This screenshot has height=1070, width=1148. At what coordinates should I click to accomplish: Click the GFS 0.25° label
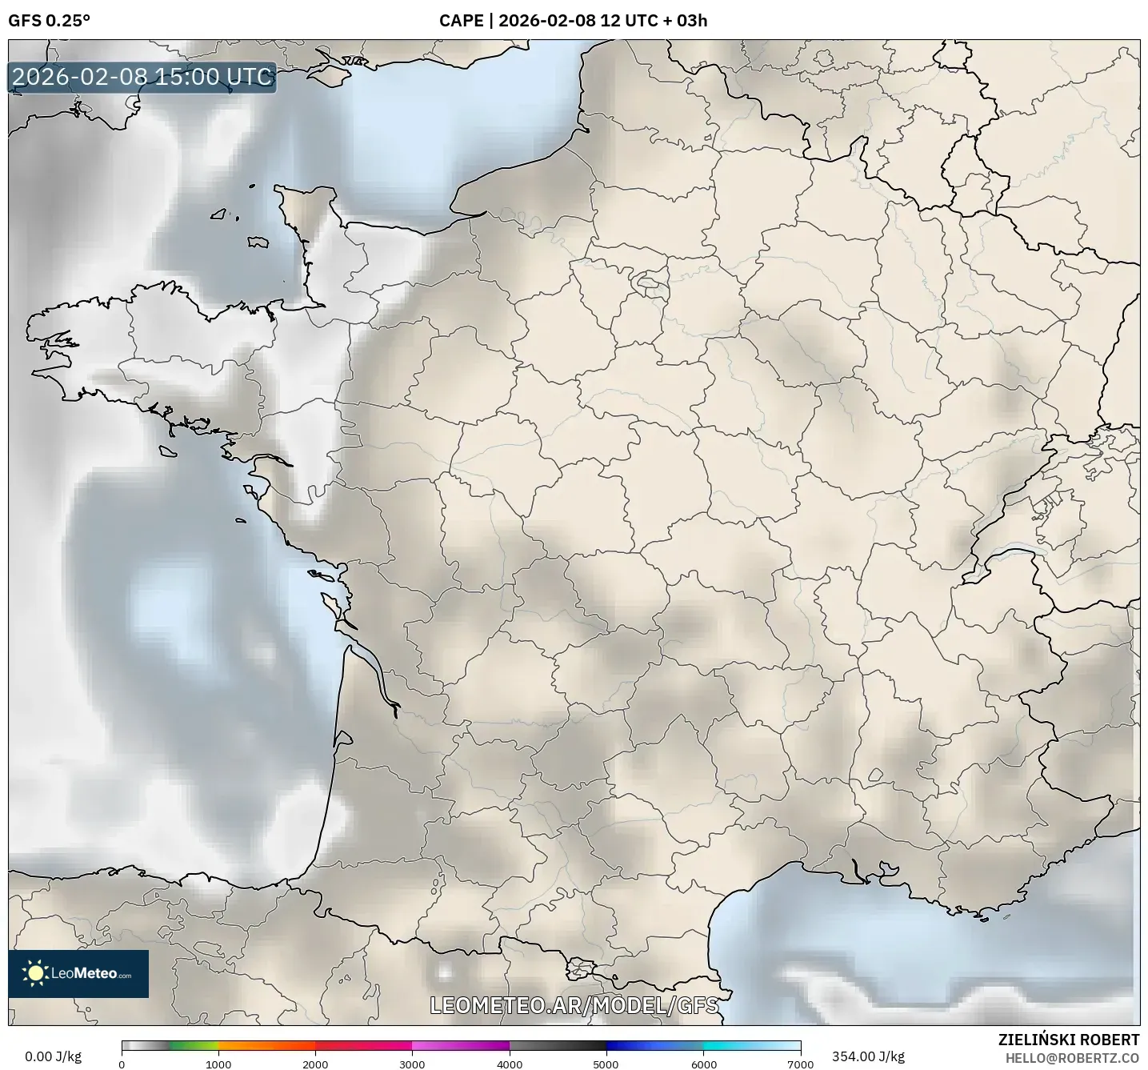pos(49,21)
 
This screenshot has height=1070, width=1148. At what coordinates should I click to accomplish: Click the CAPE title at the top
pos(573,21)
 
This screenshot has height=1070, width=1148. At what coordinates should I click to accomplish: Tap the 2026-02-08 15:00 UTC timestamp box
pos(142,77)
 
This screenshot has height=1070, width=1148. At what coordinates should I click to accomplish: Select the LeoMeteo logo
pos(78,973)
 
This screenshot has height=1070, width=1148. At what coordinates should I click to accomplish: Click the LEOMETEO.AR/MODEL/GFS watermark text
pos(574,1005)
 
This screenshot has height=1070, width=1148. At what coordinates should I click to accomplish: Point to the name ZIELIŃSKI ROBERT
pos(1069,1040)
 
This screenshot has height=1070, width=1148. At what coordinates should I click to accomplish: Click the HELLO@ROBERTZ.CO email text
pos(1072,1057)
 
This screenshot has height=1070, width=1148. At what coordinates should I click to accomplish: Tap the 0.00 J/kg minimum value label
pos(53,1056)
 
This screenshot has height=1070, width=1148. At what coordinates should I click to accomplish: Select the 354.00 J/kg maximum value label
pos(868,1056)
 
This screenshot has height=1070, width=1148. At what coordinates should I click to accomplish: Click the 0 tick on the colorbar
pos(122,1064)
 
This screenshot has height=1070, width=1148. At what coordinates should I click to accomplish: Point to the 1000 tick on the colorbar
pos(218,1064)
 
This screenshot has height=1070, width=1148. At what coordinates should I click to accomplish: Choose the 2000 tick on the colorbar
pos(315,1064)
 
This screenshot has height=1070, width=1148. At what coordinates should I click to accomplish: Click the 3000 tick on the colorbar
pos(412,1064)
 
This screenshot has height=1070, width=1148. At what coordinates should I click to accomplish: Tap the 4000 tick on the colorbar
pos(510,1064)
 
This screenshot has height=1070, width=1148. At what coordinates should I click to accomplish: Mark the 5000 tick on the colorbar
pos(606,1064)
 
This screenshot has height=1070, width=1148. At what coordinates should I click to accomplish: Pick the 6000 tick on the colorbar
pos(703,1064)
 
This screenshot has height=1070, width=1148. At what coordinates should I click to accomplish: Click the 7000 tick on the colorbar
pos(800,1064)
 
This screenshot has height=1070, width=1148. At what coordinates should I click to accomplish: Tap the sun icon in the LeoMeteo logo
pos(35,973)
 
